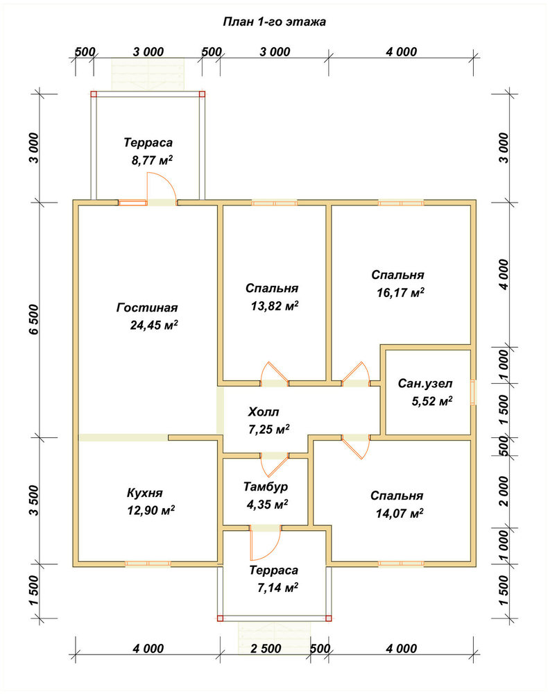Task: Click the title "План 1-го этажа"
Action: tap(274, 22)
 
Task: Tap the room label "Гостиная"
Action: tap(147, 307)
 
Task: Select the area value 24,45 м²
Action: tap(154, 325)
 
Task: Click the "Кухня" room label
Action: tap(144, 493)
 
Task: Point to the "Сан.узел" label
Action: tap(425, 383)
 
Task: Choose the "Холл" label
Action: tap(263, 412)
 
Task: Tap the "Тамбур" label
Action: tap(266, 487)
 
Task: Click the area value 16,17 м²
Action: tap(401, 293)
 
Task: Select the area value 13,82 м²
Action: tap(275, 306)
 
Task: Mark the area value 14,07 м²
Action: tap(400, 514)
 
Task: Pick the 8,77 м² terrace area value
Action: tap(152, 160)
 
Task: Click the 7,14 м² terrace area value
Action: tap(277, 588)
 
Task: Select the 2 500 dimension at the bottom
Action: tap(266, 648)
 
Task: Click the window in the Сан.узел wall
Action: tap(473, 392)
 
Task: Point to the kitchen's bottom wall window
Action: tap(148, 564)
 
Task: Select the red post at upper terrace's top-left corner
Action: tap(94, 94)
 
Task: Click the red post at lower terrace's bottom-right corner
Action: tap(329, 618)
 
